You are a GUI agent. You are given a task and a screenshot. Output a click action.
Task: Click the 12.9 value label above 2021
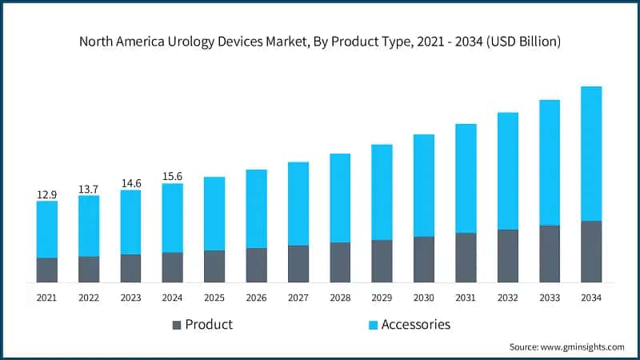(x=47, y=194)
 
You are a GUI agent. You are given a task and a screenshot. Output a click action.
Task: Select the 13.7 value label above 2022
(x=89, y=189)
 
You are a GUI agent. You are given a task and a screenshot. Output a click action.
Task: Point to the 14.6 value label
(x=130, y=183)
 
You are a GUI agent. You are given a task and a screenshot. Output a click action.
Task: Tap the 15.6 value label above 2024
(x=172, y=177)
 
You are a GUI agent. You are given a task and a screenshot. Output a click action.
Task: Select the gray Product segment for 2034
(x=591, y=251)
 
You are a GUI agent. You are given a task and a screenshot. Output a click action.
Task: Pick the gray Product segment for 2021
(x=47, y=270)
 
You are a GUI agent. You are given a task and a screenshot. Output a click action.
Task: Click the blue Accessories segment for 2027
(x=298, y=204)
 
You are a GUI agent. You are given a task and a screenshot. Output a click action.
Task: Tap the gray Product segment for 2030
(x=424, y=259)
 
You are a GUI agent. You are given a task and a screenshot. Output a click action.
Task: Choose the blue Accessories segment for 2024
(x=172, y=218)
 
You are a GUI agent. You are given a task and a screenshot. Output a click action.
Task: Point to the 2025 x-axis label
(x=214, y=297)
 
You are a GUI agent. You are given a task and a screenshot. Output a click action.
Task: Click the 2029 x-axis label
(x=382, y=297)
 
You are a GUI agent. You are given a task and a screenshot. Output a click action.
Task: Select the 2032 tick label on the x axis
(x=507, y=297)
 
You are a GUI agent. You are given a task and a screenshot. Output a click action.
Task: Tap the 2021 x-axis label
(x=47, y=297)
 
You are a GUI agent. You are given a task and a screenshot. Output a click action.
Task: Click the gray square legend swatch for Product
(x=177, y=325)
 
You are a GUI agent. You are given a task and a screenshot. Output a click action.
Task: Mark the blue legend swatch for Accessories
(x=372, y=325)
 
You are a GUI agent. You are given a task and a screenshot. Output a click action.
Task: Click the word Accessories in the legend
(x=416, y=324)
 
